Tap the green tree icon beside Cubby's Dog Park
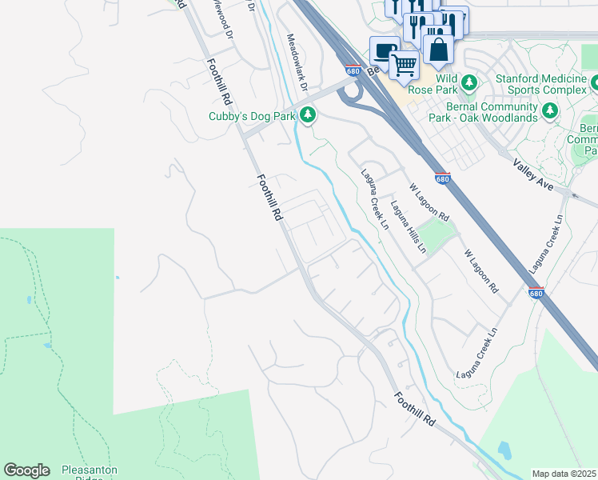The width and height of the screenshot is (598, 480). pyautogui.click(x=308, y=116)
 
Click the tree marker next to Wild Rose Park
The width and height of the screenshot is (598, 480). pyautogui.click(x=469, y=82)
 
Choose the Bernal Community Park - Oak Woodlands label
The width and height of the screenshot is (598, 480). pyautogui.click(x=491, y=113)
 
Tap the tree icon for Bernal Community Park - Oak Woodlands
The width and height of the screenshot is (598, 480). pyautogui.click(x=549, y=111)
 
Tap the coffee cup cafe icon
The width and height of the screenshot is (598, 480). pyautogui.click(x=385, y=52)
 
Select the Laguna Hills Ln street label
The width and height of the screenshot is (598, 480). pyautogui.click(x=408, y=226)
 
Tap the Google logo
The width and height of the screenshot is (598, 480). pyautogui.click(x=26, y=470)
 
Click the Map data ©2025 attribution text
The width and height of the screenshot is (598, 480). pyautogui.click(x=564, y=474)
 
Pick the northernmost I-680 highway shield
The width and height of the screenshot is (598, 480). pyautogui.click(x=353, y=71)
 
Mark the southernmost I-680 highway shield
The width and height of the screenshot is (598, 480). pyautogui.click(x=536, y=294)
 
